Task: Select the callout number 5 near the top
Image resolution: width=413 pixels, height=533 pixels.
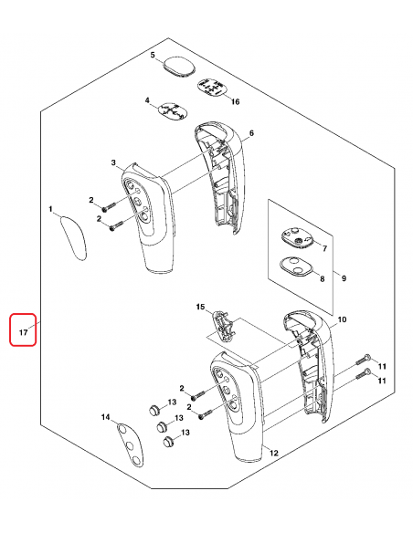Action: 154,56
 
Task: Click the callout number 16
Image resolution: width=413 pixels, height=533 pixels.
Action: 235,101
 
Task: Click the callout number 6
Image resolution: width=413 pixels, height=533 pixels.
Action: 251,134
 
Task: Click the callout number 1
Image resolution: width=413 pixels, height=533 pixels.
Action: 51,210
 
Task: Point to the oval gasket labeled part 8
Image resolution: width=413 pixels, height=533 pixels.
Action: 295,267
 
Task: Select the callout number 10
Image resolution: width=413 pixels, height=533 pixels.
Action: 343,320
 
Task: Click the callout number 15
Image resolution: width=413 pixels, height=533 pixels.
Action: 200,309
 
